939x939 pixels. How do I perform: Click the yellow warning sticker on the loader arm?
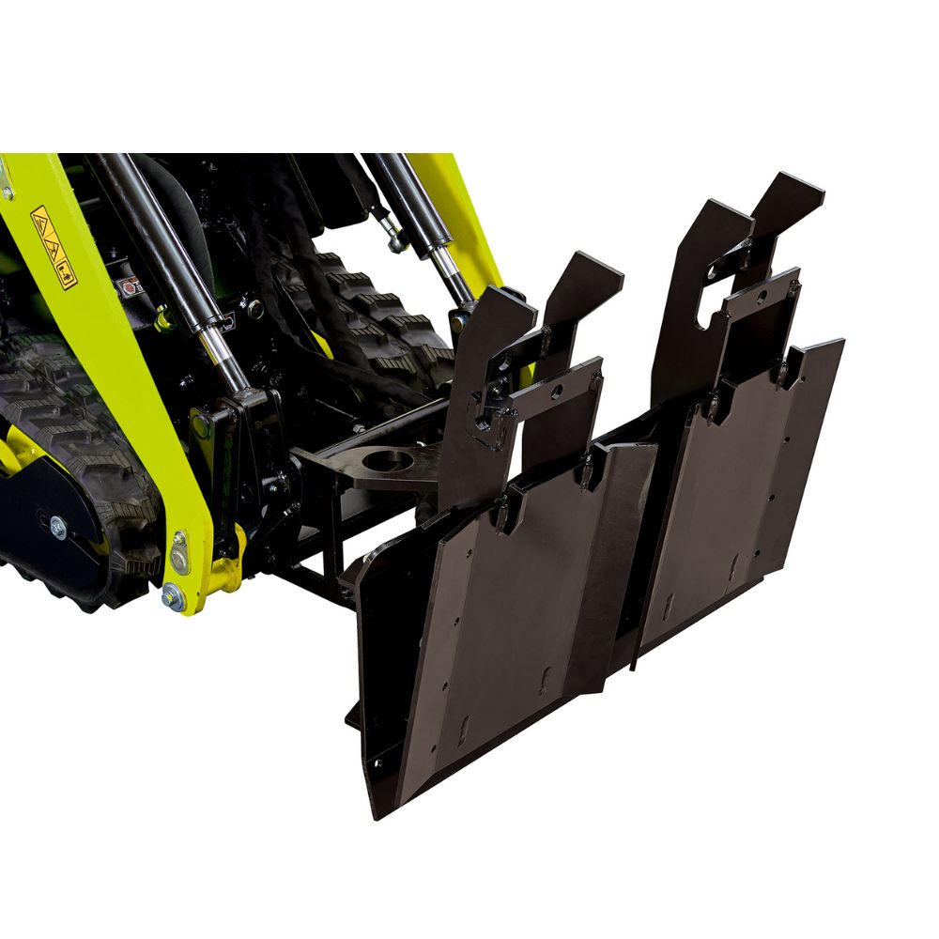click(54, 247)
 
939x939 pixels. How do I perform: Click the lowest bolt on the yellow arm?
click(171, 594)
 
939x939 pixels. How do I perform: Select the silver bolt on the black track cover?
click(58, 530)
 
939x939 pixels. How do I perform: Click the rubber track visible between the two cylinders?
click(376, 300)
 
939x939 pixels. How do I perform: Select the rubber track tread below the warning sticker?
click(47, 394)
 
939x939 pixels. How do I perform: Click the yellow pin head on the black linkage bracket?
click(200, 424)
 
